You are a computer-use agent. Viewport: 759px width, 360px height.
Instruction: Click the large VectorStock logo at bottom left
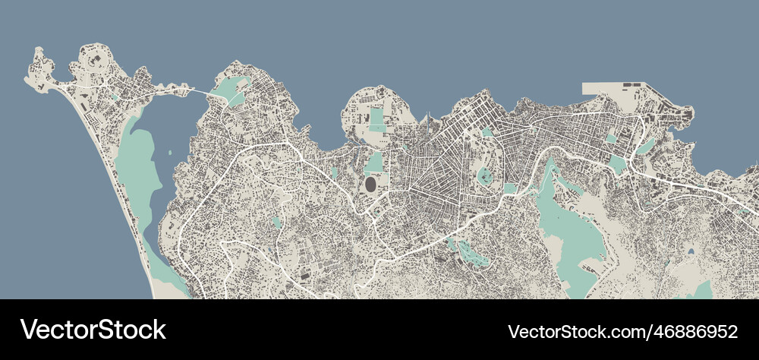93,330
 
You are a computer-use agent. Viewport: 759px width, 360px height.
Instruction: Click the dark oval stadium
370,184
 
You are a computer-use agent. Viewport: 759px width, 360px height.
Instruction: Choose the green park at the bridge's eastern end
230,90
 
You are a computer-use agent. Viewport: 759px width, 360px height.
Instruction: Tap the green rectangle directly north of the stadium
374,162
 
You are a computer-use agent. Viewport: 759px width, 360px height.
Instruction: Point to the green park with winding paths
471,252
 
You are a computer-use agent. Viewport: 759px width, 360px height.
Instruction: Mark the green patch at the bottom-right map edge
702,291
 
